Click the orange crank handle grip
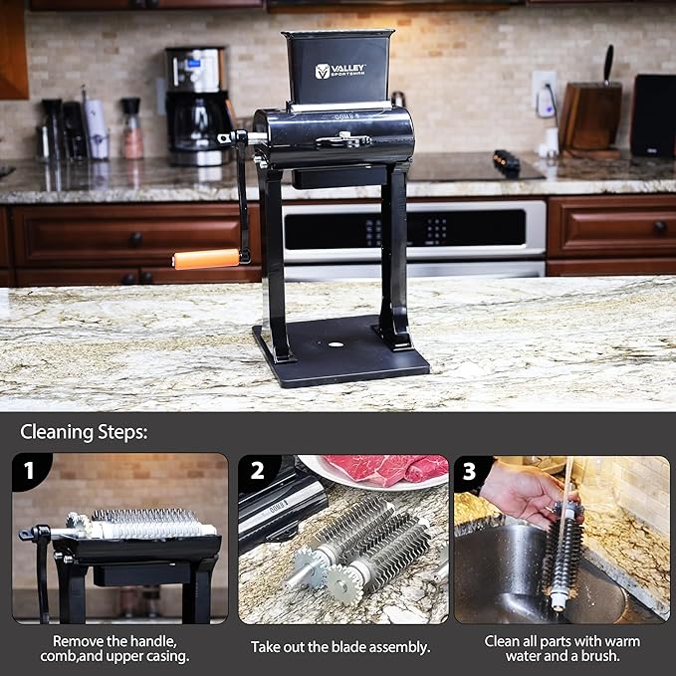tap(206, 259)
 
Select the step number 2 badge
tap(256, 470)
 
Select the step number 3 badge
tap(470, 470)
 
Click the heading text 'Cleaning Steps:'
tap(85, 433)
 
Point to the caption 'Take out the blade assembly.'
tap(340, 647)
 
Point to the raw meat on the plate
tap(386, 467)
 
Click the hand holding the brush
tap(524, 492)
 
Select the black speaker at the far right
tap(653, 114)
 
